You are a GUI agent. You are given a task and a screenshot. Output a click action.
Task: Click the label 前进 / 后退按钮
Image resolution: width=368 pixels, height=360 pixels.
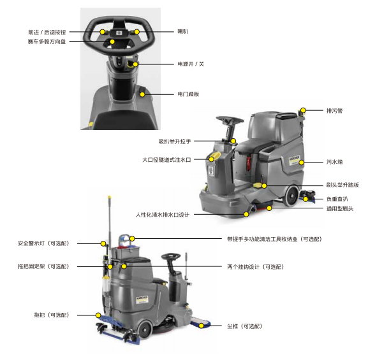(47, 32)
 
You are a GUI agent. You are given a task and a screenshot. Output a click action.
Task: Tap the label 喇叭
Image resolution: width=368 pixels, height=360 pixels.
(183, 31)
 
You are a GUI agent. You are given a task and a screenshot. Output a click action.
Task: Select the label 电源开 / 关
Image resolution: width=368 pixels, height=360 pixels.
(191, 64)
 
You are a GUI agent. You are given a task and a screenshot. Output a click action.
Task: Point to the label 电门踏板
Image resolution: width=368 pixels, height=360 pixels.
(188, 94)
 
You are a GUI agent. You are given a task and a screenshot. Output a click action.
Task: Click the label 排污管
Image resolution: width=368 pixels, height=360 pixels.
(334, 111)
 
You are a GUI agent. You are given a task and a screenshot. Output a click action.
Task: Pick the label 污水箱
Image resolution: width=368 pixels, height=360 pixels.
(334, 162)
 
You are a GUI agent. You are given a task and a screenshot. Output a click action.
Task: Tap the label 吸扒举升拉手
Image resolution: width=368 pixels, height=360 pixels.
(175, 141)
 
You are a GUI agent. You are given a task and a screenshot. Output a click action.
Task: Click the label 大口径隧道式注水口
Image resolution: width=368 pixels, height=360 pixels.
(166, 160)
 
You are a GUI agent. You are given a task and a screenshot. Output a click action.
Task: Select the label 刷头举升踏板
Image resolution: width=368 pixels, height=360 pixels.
(342, 185)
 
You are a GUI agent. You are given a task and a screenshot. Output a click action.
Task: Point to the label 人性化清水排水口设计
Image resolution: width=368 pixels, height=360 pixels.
(163, 215)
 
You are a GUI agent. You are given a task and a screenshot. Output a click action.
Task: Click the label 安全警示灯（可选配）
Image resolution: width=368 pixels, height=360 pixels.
(43, 243)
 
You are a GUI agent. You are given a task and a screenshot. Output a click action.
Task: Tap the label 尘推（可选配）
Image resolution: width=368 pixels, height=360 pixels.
(244, 326)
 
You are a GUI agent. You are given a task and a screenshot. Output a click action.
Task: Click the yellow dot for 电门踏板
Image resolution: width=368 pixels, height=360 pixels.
(142, 94)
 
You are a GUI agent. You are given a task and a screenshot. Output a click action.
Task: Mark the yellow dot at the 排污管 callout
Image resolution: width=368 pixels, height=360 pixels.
(303, 110)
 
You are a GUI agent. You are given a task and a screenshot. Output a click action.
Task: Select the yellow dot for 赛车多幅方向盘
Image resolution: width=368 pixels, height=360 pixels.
(112, 42)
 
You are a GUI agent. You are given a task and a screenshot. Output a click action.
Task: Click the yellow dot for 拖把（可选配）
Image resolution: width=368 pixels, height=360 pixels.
(98, 315)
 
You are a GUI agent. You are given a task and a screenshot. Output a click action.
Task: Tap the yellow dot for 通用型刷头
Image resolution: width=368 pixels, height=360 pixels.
(269, 208)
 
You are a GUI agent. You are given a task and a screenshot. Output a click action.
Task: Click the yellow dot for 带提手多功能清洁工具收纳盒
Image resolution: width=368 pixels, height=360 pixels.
(132, 239)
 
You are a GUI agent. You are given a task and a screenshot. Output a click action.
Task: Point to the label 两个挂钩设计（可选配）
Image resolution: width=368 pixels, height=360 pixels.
(256, 267)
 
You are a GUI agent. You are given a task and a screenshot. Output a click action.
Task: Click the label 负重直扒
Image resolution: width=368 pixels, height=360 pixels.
(337, 199)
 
